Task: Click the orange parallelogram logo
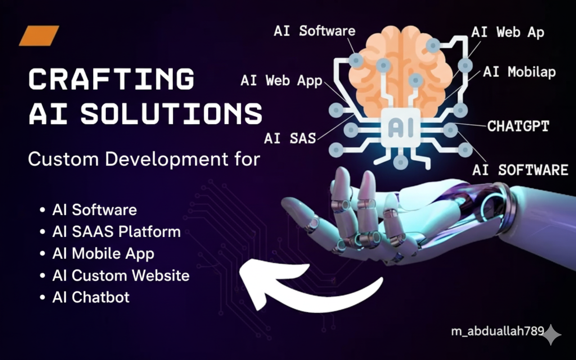[39, 36]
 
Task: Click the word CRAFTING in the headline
[112, 79]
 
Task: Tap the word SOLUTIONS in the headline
[171, 114]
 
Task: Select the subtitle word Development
[166, 159]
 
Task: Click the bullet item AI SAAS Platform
[117, 231]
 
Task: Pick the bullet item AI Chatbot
[91, 297]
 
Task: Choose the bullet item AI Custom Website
[121, 275]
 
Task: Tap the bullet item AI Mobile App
[103, 253]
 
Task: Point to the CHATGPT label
[518, 126]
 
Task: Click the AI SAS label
[290, 138]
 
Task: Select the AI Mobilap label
[519, 72]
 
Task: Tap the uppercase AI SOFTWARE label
[520, 170]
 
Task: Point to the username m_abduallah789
[498, 331]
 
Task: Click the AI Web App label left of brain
[281, 81]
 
